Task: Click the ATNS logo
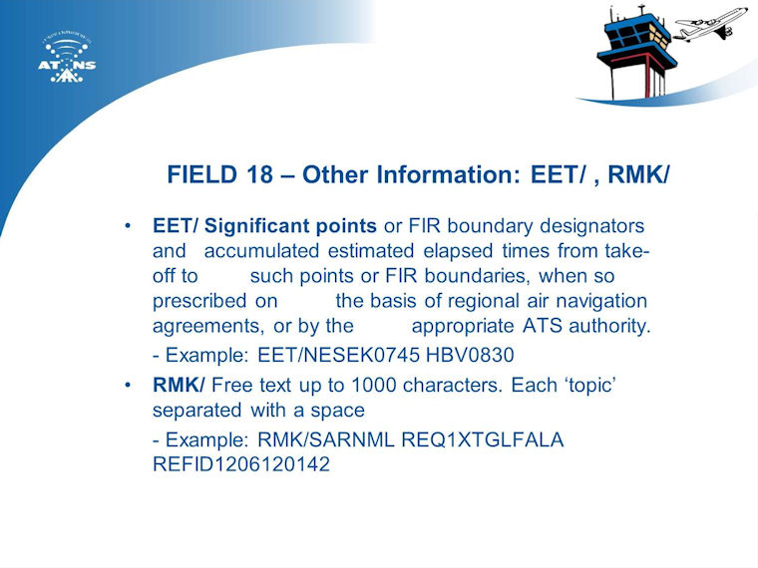(x=67, y=58)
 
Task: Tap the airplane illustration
(x=710, y=23)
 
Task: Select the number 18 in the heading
(x=259, y=174)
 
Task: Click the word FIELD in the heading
(x=202, y=174)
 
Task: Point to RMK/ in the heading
(x=638, y=174)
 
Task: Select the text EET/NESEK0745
(x=338, y=355)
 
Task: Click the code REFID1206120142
(x=241, y=464)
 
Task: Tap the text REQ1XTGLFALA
(x=483, y=440)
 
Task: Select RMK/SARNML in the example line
(x=326, y=440)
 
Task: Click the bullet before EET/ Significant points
(x=128, y=226)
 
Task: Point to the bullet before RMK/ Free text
(x=128, y=386)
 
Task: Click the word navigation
(x=601, y=301)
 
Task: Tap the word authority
(x=609, y=326)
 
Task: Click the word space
(x=337, y=412)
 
